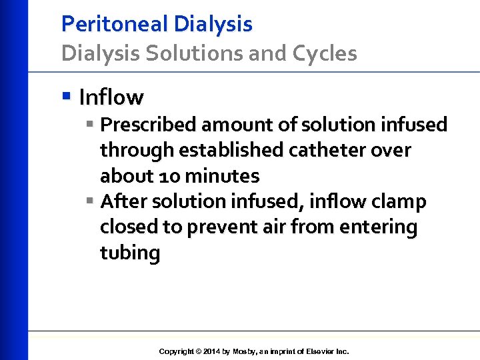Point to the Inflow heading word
click(111, 97)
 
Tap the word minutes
click(222, 176)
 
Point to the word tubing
click(130, 253)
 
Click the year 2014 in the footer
click(212, 351)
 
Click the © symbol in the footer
click(198, 351)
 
